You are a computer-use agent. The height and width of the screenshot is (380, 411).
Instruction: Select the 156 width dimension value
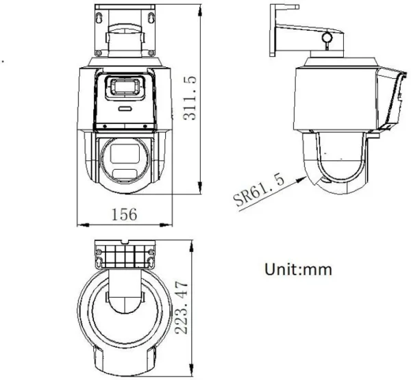pos(123,214)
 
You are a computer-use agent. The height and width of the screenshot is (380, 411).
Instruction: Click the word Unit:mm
pos(298,269)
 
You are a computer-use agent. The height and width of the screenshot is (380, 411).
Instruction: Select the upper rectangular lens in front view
pos(124,87)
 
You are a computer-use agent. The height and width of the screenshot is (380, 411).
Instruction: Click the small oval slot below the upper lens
pos(124,108)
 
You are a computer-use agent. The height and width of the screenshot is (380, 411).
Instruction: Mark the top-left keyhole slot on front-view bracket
pos(100,14)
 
